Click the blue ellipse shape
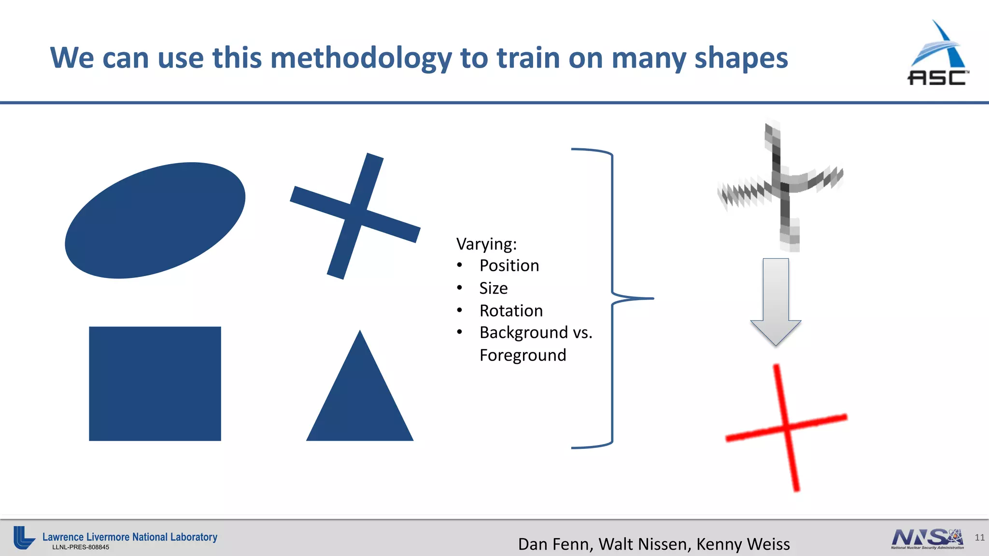coord(155,220)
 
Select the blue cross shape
coord(355,216)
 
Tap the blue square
coord(155,384)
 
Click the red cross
coord(787,428)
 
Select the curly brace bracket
coord(612,299)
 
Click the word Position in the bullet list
coord(509,265)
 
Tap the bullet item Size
coord(493,288)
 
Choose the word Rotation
coord(511,310)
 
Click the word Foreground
coord(523,355)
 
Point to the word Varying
coord(485,244)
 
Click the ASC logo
coord(938,53)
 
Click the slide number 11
coord(979,538)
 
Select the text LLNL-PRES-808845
coord(81,547)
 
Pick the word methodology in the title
coord(361,58)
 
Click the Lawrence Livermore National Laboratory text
coord(130,537)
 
